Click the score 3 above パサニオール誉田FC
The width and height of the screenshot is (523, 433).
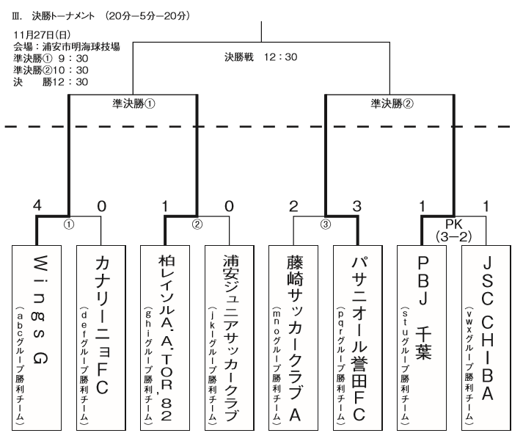pyautogui.click(x=357, y=207)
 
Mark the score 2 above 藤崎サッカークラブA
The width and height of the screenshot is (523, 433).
pyautogui.click(x=293, y=207)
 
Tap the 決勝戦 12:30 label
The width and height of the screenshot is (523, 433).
pyautogui.click(x=260, y=57)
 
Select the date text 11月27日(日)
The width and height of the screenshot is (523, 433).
pyautogui.click(x=40, y=34)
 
